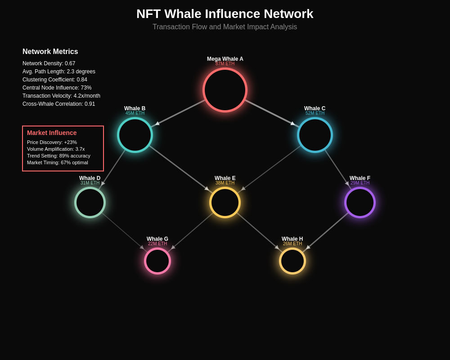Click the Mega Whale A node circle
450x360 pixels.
[x=225, y=90]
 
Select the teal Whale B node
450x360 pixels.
[x=135, y=135]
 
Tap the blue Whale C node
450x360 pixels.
[x=315, y=135]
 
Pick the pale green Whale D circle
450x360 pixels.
[x=90, y=202]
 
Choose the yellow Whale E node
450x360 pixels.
[x=225, y=202]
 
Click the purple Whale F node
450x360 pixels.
[x=360, y=202]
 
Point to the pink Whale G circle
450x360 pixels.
[x=157, y=261]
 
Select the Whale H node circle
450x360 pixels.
[x=292, y=261]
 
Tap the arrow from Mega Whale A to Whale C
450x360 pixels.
[x=270, y=113]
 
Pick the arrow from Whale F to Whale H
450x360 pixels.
[x=328, y=230]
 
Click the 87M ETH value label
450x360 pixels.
[x=225, y=64]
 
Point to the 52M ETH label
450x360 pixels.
[x=315, y=113]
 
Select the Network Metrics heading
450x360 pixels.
[x=50, y=52]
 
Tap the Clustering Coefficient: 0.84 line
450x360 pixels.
[x=55, y=80]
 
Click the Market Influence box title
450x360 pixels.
[x=52, y=133]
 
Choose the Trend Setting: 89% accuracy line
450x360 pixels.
[x=58, y=156]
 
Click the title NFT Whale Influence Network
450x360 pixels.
[x=225, y=14]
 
